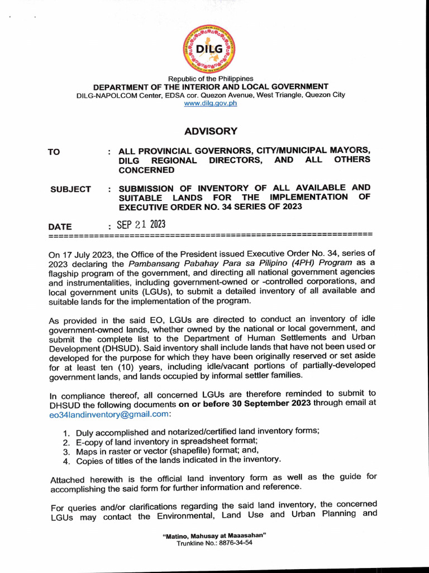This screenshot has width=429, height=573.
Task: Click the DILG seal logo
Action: [x=210, y=48]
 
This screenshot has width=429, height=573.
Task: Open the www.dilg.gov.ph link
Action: [x=211, y=104]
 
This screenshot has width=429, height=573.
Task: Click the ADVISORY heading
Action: [x=211, y=131]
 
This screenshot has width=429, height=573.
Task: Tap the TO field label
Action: [x=54, y=152]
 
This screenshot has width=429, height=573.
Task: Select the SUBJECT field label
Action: [x=70, y=189]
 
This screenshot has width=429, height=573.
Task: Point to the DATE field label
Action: [x=60, y=227]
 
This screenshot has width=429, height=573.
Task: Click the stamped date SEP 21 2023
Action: [x=141, y=225]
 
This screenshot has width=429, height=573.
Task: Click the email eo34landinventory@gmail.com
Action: [x=108, y=414]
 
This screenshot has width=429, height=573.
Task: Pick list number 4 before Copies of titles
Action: [x=65, y=462]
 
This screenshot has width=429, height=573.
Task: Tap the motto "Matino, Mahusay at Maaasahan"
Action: [x=214, y=536]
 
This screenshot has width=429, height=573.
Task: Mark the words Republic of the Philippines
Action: [x=211, y=79]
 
